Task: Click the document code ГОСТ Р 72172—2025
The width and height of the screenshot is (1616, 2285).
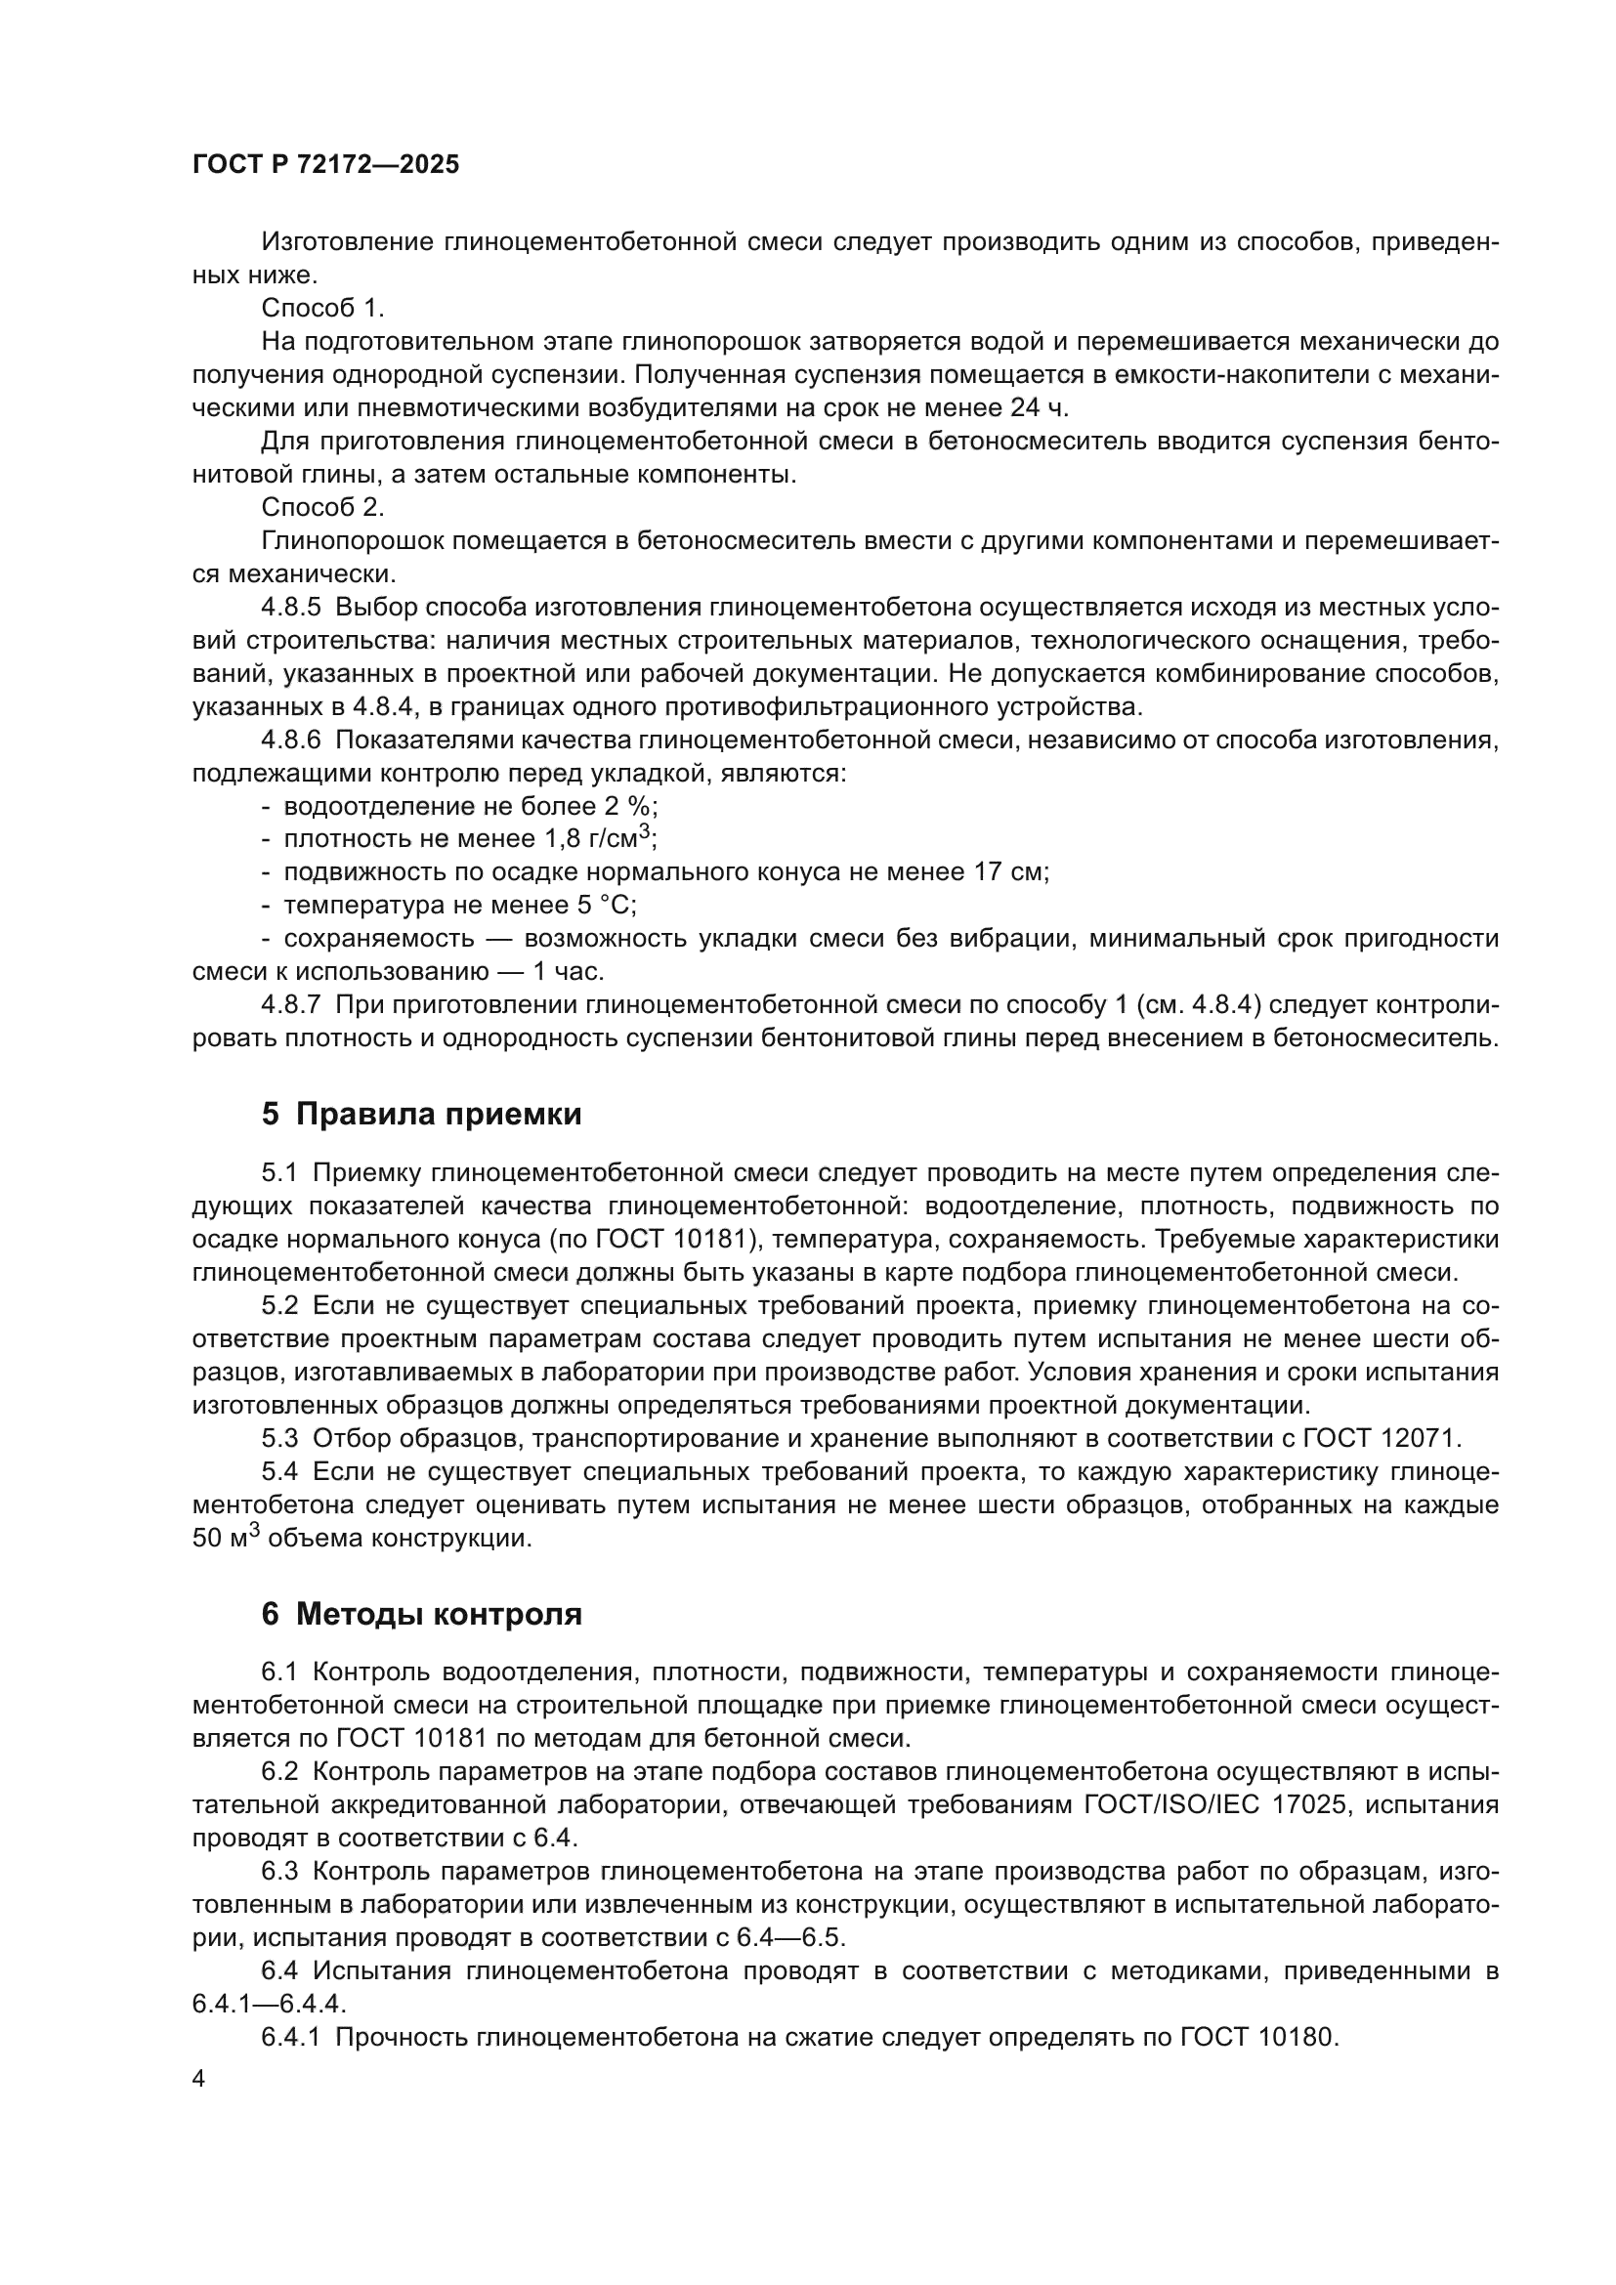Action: (325, 165)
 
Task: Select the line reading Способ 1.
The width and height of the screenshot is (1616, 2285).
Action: (322, 309)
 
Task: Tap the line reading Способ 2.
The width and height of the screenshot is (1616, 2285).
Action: (322, 508)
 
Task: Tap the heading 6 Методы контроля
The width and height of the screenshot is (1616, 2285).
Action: (422, 1614)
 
